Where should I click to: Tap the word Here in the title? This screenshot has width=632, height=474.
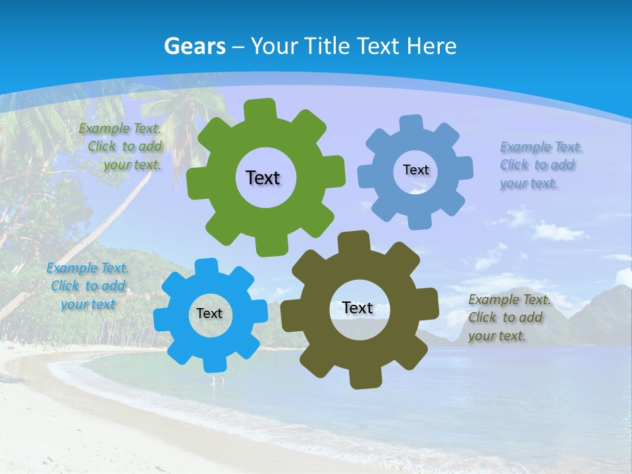(432, 46)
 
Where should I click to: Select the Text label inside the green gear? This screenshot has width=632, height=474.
(263, 178)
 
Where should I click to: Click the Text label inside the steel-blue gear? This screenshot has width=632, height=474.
(415, 170)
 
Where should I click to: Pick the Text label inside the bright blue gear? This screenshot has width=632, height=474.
(209, 314)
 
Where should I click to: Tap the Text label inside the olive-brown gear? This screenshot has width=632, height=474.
(357, 307)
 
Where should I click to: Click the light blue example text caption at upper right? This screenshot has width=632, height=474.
(541, 165)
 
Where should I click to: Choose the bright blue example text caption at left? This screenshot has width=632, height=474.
(88, 286)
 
